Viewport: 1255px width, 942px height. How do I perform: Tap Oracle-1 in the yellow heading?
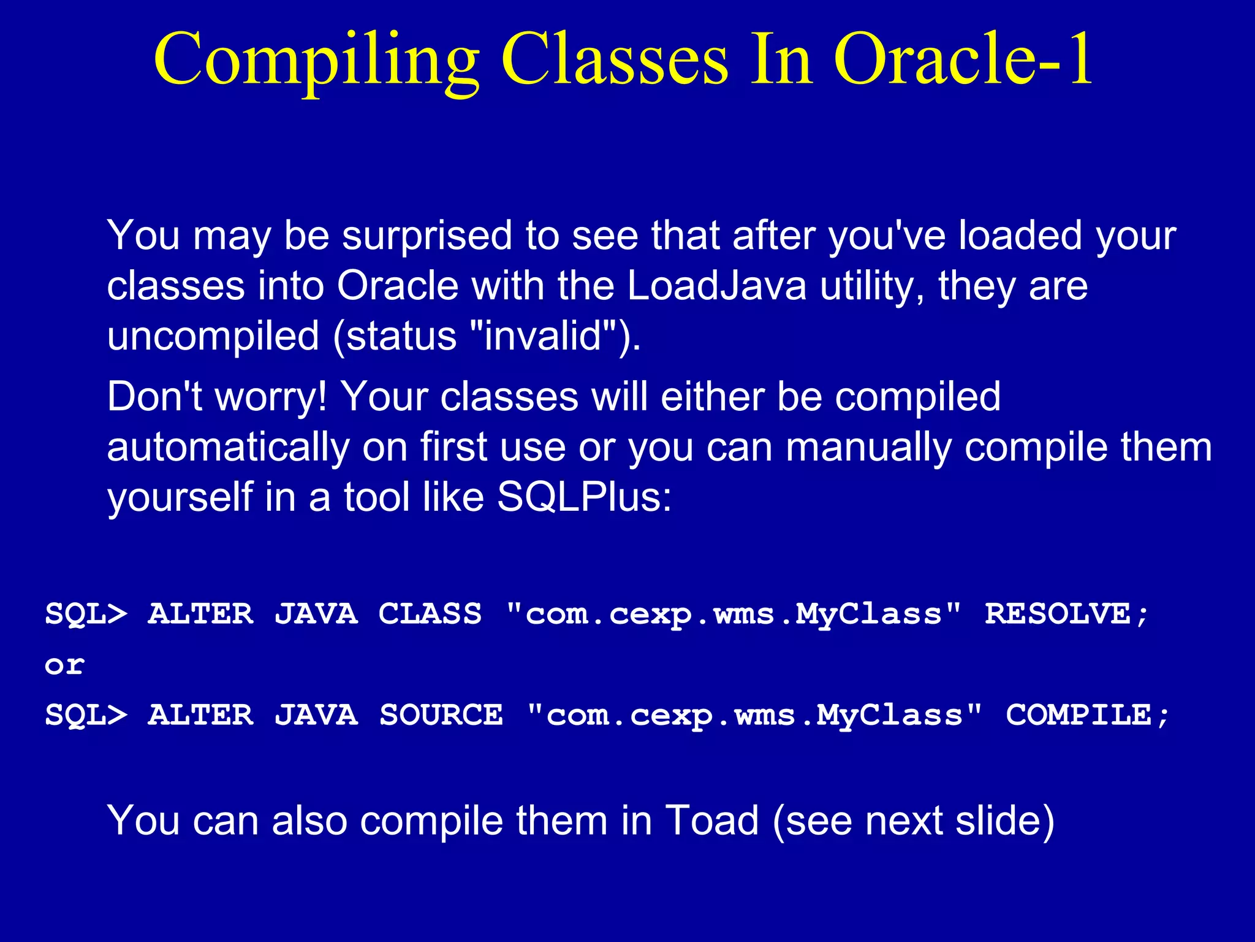click(963, 59)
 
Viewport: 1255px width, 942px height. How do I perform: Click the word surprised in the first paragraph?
click(427, 237)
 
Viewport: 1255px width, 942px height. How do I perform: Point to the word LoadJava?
click(716, 286)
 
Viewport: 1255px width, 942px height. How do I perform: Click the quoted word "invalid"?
click(543, 336)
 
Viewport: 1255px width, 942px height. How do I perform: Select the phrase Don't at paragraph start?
click(154, 396)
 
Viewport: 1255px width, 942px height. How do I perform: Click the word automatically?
click(227, 447)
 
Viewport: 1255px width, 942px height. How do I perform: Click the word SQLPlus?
click(584, 497)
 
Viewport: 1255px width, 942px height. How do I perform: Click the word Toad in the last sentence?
click(712, 821)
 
